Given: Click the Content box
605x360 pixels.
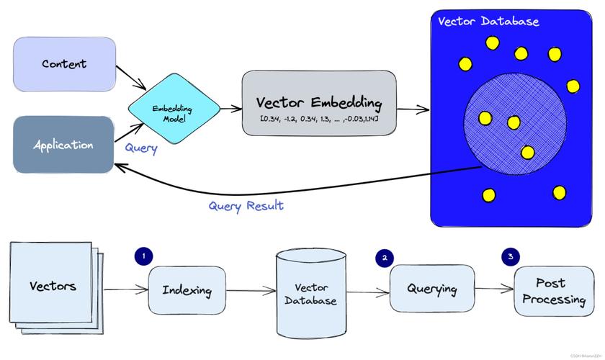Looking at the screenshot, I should [x=64, y=64].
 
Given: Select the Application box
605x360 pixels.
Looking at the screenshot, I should [x=63, y=144].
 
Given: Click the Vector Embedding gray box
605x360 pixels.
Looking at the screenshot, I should [x=319, y=103].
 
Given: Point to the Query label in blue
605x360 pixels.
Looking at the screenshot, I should [x=141, y=149].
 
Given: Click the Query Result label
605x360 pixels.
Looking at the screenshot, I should [x=246, y=205].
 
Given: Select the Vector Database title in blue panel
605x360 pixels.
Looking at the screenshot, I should [x=488, y=21].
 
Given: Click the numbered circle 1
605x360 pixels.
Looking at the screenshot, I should [x=143, y=255].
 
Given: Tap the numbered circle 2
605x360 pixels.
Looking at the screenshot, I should [x=386, y=256].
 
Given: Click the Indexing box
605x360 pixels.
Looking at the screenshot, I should [x=187, y=290].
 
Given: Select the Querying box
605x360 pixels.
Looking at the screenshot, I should [x=432, y=289].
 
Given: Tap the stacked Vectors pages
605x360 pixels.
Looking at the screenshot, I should [x=53, y=287].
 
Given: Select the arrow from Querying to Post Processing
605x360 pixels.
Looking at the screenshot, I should [x=494, y=289].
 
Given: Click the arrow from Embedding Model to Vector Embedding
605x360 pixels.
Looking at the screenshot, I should [x=231, y=109].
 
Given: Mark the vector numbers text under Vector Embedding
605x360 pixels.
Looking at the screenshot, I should [x=319, y=117].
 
